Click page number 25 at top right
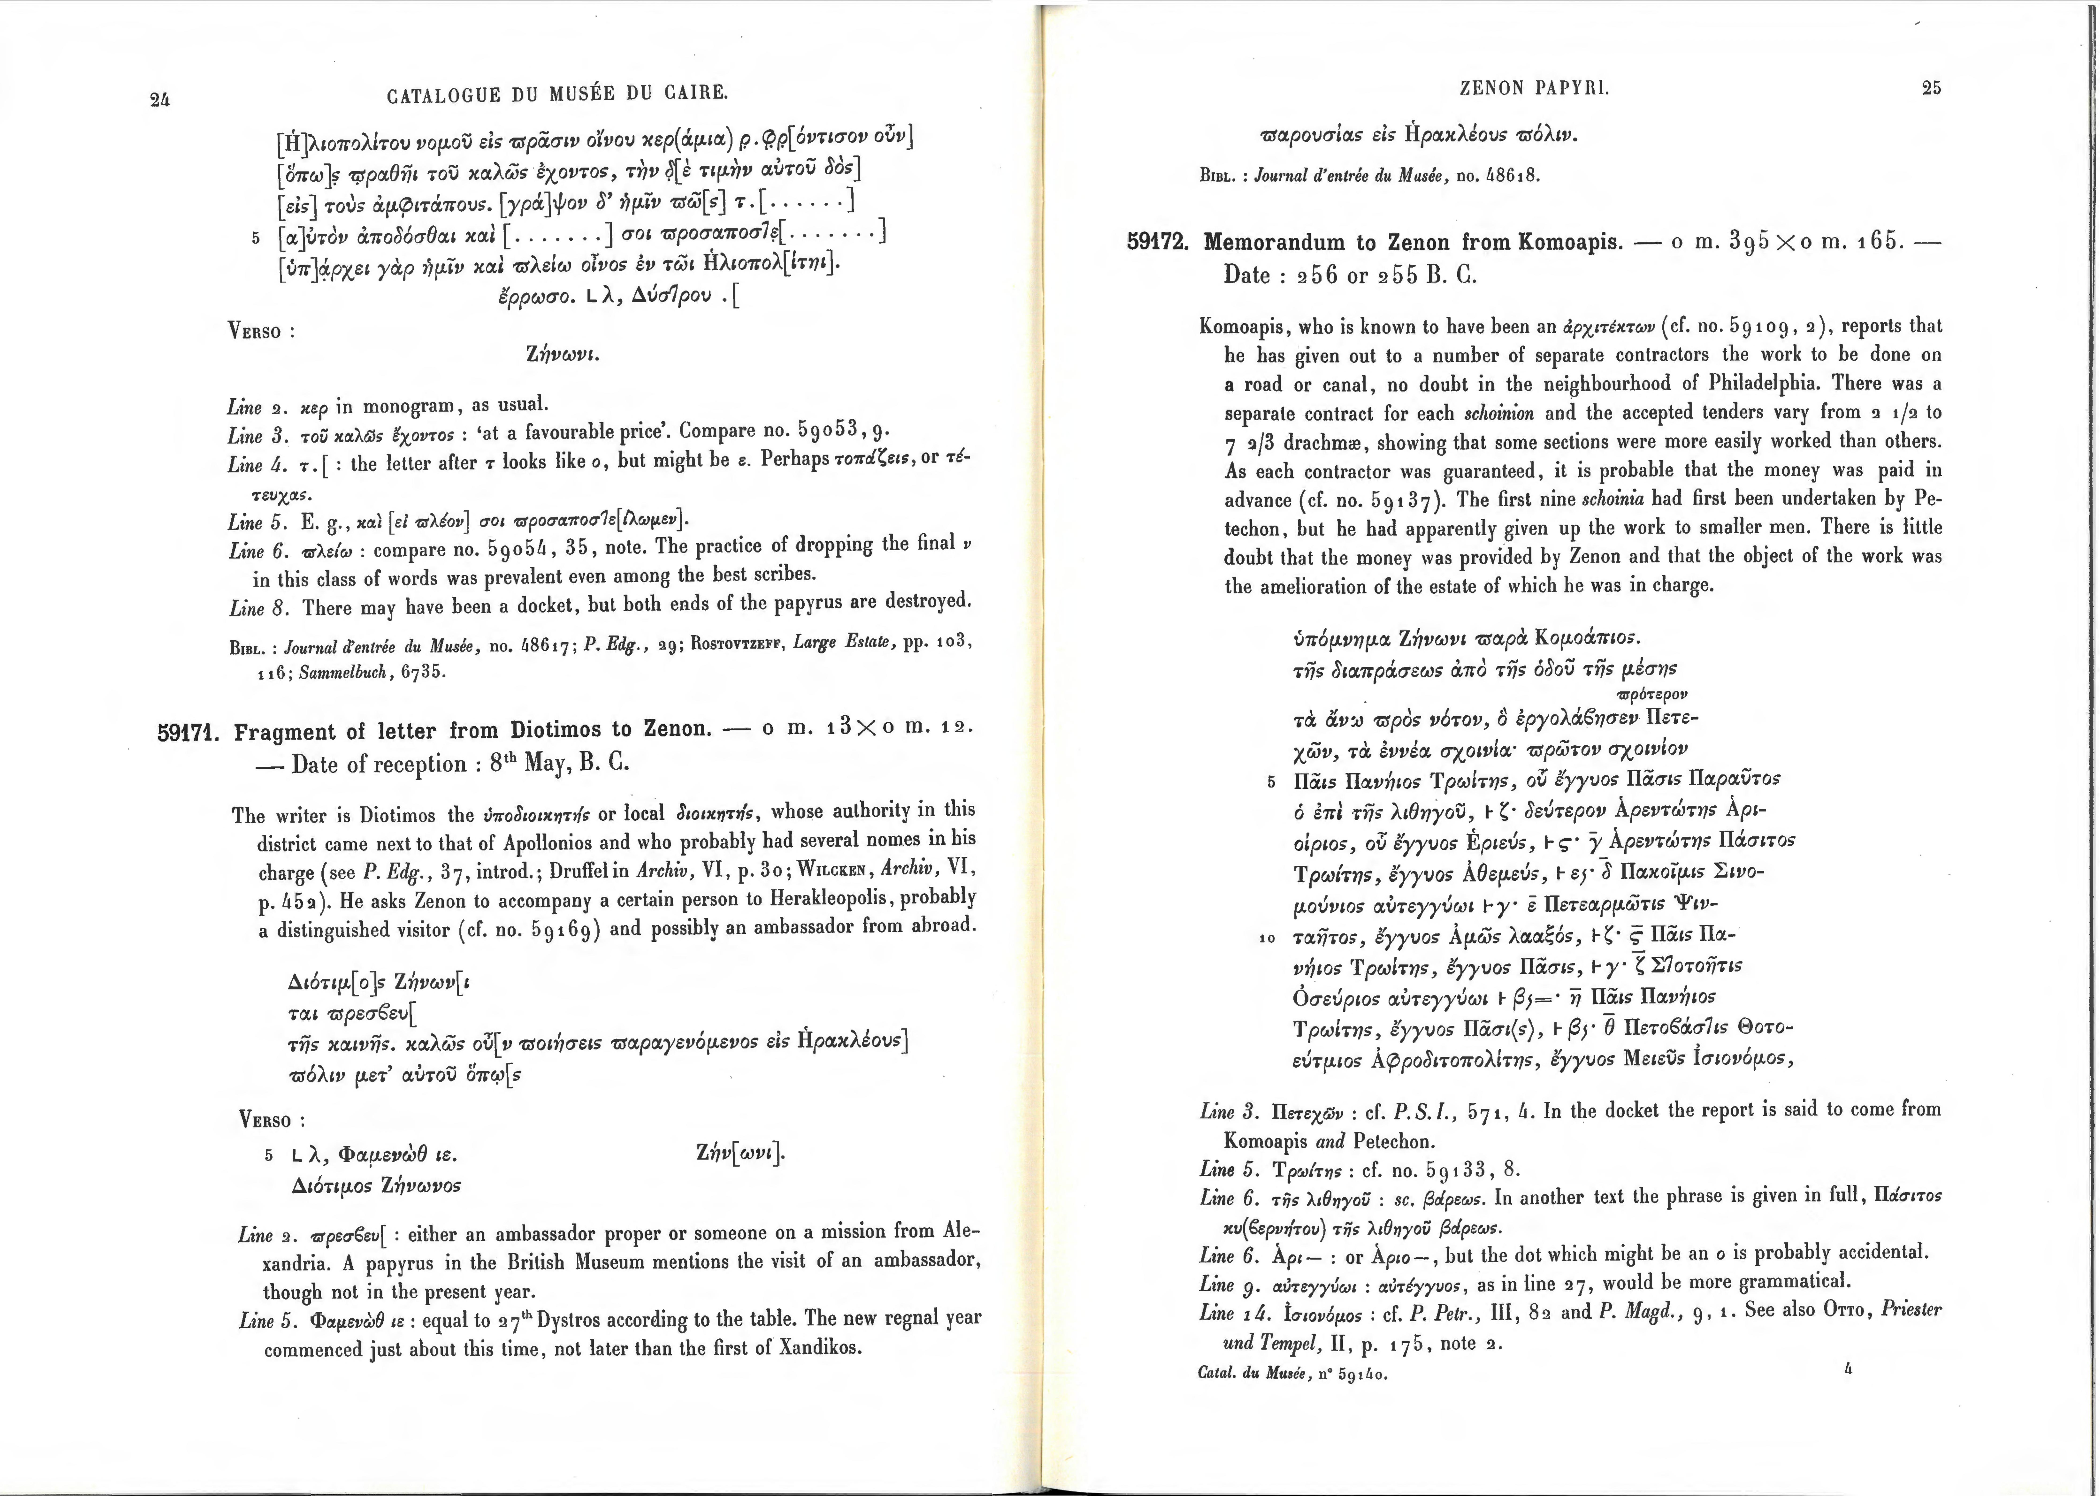pos(1931,88)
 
